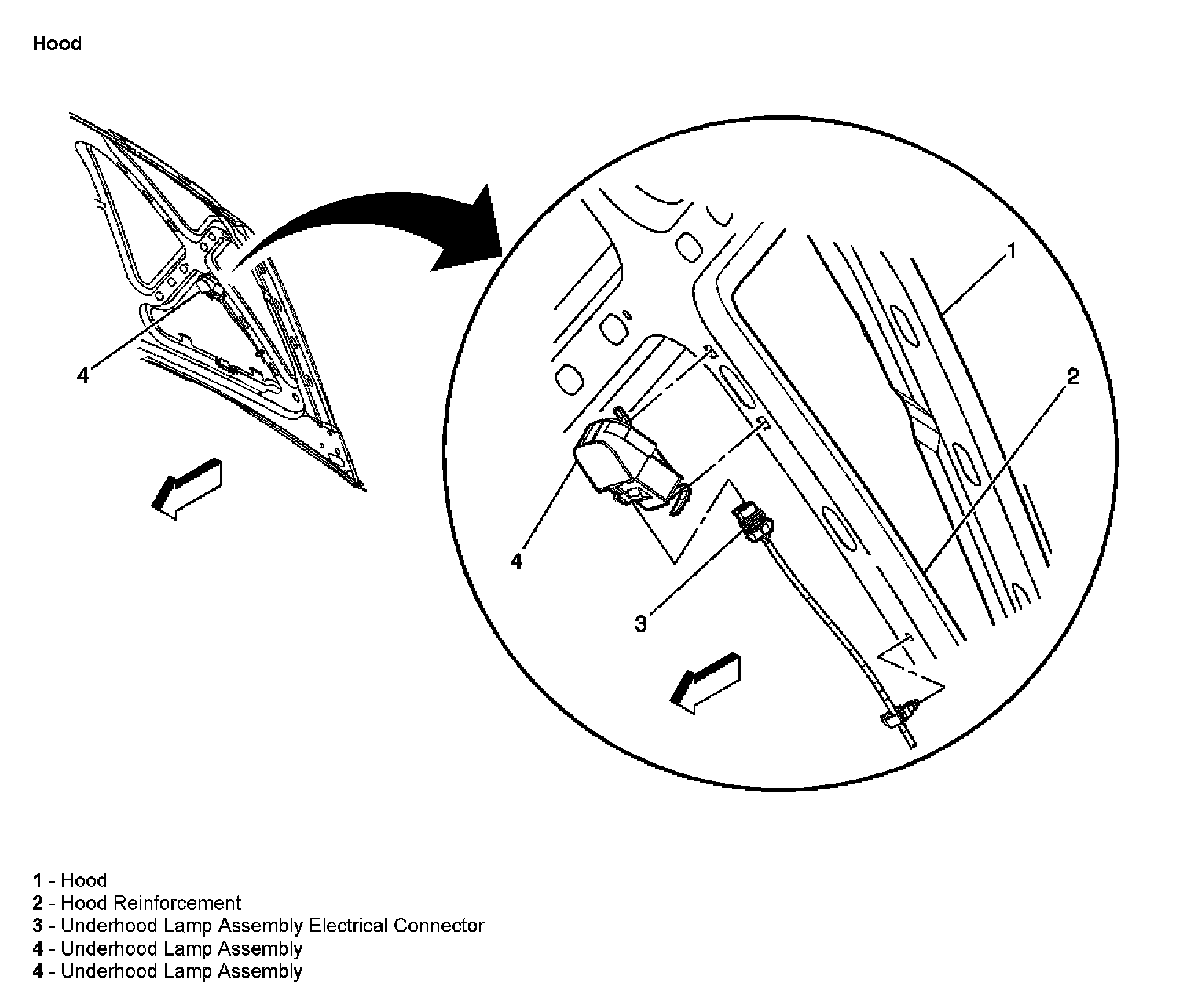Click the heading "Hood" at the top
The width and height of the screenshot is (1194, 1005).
[x=57, y=44]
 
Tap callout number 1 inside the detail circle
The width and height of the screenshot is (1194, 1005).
[x=1012, y=252]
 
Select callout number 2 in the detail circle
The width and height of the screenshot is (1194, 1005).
[x=1073, y=377]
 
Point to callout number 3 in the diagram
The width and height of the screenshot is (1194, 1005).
[x=641, y=624]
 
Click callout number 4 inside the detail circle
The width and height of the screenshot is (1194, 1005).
[x=516, y=561]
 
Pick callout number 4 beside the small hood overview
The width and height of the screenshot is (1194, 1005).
[x=82, y=375]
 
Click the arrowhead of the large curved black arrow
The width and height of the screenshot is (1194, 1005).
[x=471, y=228]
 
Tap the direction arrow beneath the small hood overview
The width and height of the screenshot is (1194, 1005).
[x=189, y=487]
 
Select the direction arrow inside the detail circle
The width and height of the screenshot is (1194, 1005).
[x=706, y=682]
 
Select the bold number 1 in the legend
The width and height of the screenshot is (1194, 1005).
[x=37, y=881]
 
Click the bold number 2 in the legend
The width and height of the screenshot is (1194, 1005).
[x=38, y=903]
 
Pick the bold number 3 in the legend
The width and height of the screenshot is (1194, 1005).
[x=38, y=926]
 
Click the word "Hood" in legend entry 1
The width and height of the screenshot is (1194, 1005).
[x=83, y=881]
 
